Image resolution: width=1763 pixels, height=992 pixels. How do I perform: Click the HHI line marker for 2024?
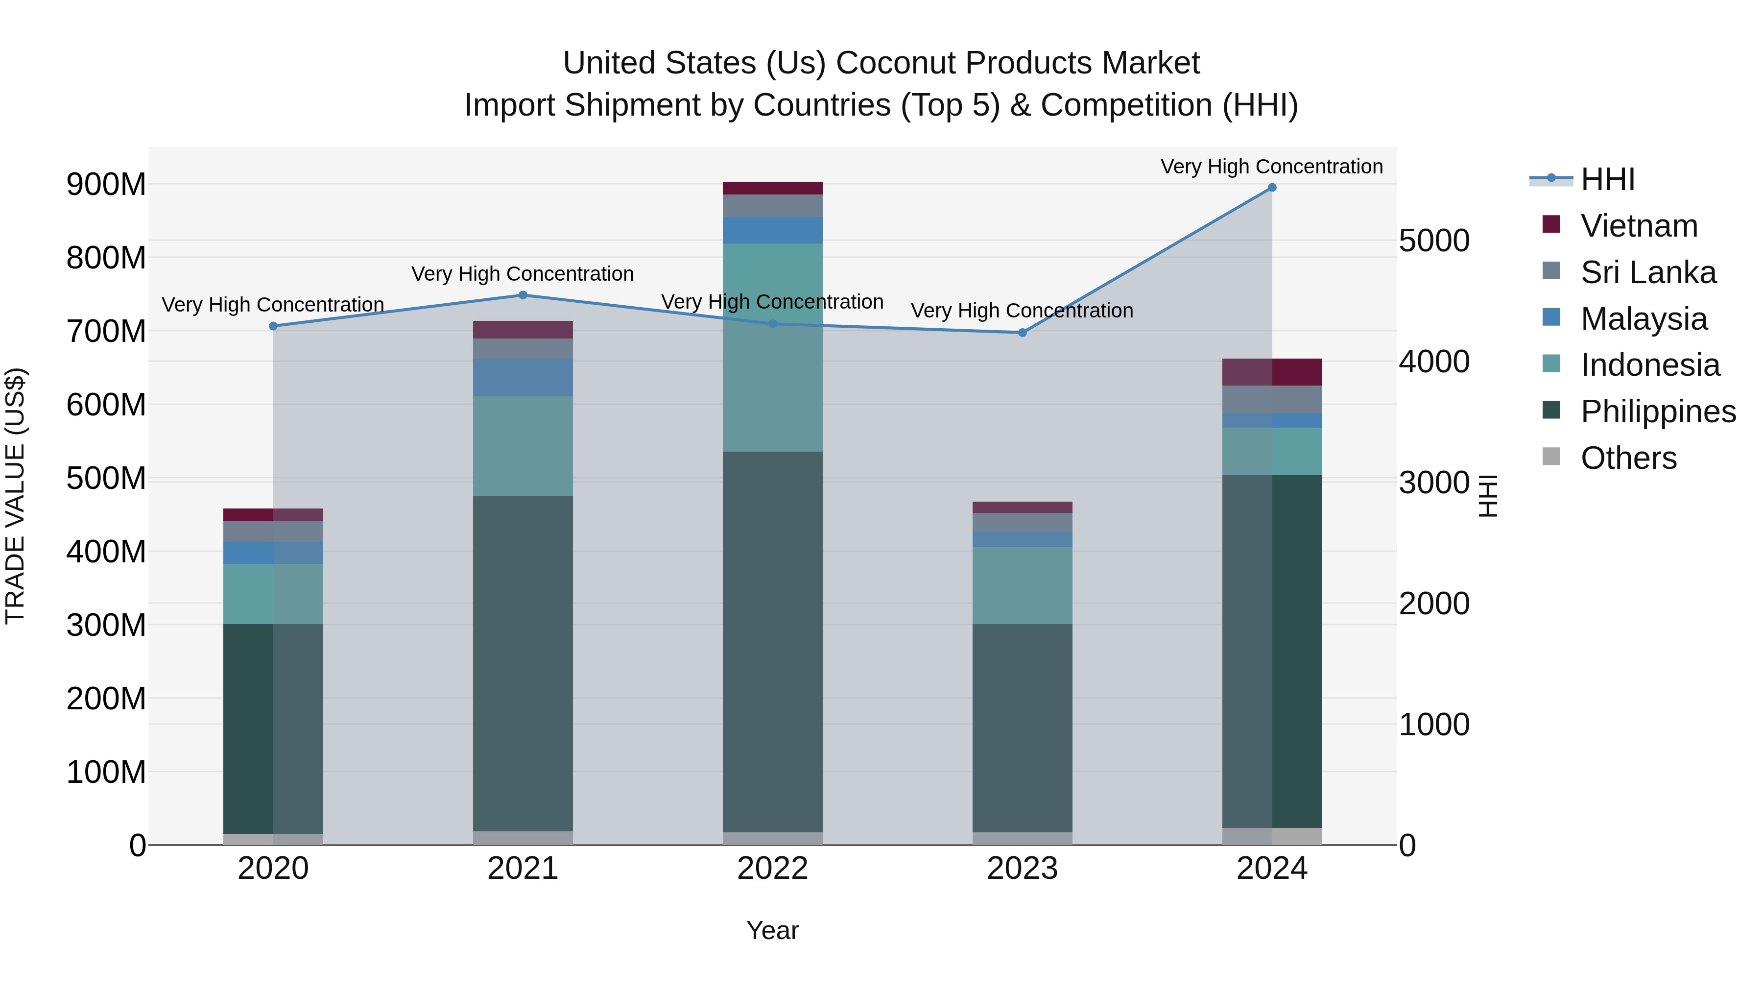coord(1272,188)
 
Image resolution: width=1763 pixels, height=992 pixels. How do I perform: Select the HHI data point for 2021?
coord(523,295)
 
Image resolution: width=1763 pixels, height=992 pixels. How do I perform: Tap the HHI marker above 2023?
coord(1023,333)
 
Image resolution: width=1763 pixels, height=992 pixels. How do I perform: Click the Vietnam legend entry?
coord(1639,226)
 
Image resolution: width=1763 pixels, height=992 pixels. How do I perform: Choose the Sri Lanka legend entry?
coord(1648,272)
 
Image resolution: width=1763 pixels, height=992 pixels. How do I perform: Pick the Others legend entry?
coord(1628,458)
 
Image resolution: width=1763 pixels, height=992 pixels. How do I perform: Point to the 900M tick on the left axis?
coord(106,184)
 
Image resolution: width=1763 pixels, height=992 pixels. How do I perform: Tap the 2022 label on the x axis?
coord(773,869)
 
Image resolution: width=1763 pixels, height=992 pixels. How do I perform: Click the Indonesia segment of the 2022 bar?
coord(773,347)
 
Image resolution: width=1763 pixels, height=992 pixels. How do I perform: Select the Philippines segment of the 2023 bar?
coord(1023,728)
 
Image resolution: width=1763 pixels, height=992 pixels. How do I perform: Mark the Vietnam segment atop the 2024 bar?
coord(1272,372)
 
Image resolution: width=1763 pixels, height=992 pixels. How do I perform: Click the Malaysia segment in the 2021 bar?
coord(523,377)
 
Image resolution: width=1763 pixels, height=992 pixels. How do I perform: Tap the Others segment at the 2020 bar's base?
coord(273,839)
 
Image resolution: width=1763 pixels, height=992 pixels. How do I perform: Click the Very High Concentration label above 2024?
coord(1272,167)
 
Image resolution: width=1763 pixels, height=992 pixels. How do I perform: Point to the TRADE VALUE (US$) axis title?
coord(15,496)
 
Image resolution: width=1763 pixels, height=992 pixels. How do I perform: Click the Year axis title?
coord(773,930)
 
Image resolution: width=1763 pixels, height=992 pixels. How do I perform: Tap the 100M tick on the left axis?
coord(106,772)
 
